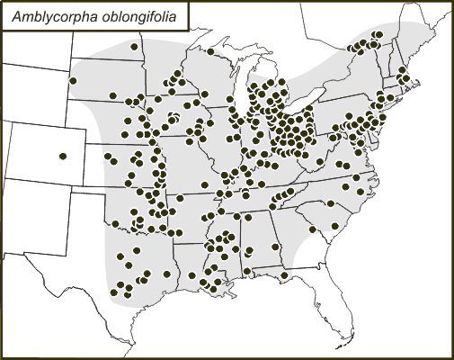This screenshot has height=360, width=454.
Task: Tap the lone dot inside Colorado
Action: coord(63,157)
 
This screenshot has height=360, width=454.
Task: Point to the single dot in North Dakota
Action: coord(135,46)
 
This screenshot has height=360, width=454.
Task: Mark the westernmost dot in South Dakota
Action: coord(73,81)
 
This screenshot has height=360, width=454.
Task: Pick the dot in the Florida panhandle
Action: coord(284,274)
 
